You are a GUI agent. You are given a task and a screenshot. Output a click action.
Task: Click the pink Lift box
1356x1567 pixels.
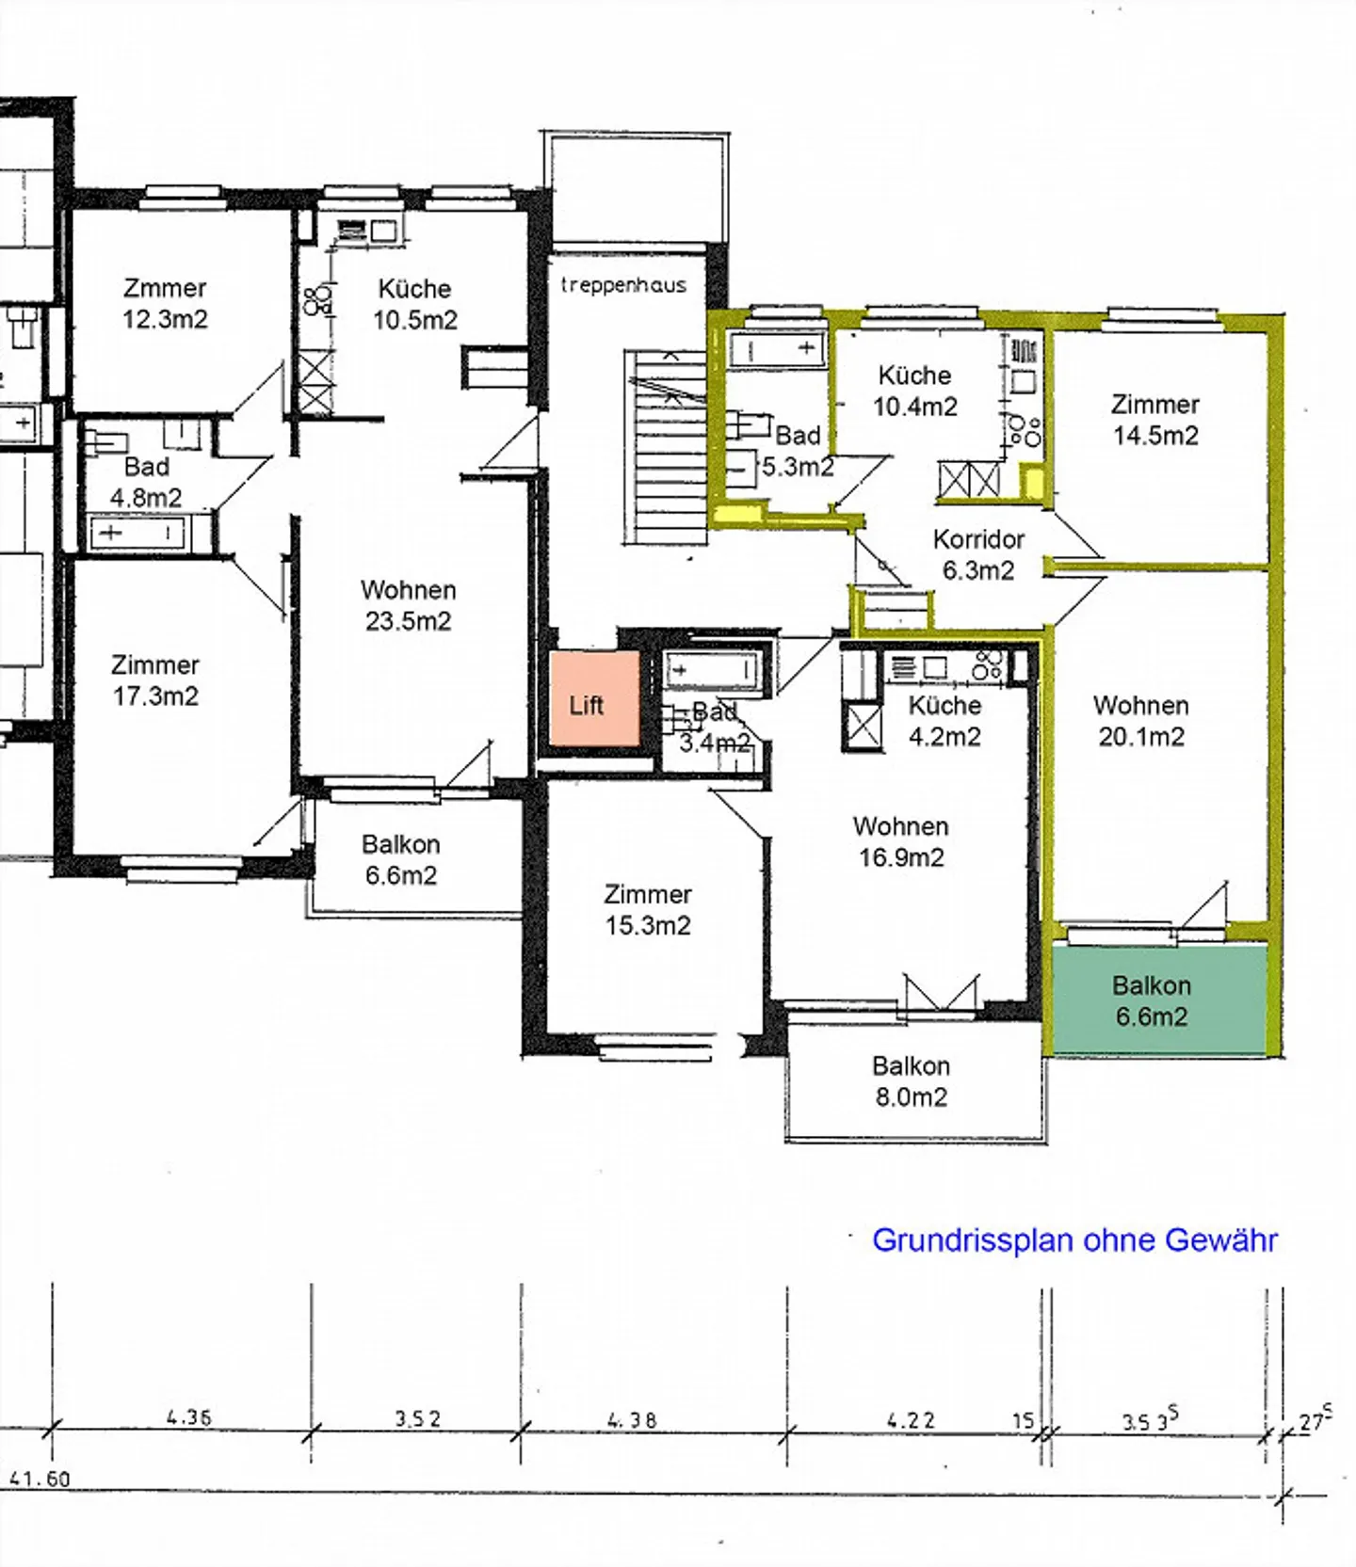594,699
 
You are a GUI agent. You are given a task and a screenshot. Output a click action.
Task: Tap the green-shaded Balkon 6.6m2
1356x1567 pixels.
1157,999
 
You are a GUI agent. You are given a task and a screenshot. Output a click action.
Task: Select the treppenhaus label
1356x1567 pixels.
623,285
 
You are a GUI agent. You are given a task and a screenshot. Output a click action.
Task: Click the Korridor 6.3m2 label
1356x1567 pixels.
978,554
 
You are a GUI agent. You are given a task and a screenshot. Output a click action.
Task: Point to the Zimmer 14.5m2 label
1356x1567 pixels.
1154,420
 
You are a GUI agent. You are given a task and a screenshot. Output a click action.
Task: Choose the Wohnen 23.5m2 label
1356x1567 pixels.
408,605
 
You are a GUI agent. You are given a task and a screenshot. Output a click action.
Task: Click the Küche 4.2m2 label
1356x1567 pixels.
944,721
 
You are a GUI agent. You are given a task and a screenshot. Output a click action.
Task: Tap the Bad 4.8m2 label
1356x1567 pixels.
146,482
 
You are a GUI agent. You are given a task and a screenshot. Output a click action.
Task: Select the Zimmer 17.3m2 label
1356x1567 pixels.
155,680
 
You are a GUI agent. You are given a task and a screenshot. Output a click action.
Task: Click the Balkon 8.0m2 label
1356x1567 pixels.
911,1081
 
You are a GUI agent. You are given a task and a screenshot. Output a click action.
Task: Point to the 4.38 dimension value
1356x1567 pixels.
632,1419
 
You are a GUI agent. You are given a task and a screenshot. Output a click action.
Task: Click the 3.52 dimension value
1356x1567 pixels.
417,1418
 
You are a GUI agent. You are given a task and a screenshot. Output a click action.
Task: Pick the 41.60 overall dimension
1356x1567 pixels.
40,1479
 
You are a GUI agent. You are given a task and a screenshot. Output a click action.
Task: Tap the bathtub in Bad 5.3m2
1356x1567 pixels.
777,349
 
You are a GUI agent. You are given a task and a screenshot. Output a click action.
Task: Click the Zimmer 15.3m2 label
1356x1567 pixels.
648,909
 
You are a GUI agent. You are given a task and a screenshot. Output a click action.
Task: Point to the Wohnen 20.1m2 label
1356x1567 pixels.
1140,721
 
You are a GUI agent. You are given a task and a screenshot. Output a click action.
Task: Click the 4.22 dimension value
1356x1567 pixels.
911,1419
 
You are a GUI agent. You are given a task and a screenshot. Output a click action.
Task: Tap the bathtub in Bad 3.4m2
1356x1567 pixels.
713,670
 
